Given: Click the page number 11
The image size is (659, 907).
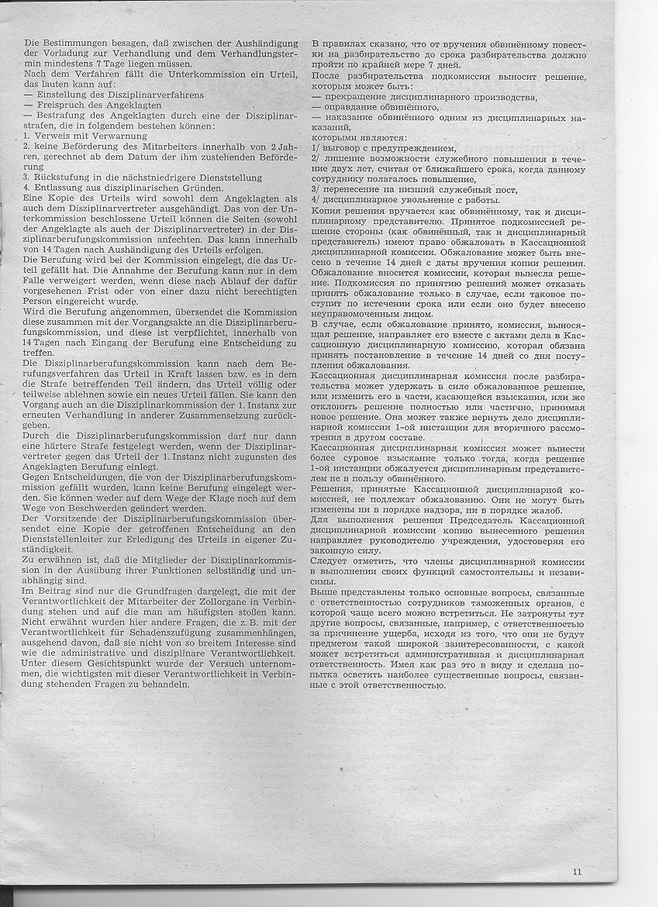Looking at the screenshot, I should click(x=577, y=871).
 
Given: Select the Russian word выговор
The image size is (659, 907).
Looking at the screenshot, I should click(x=342, y=147).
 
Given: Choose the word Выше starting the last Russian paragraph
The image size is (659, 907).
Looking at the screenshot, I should click(x=323, y=591).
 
